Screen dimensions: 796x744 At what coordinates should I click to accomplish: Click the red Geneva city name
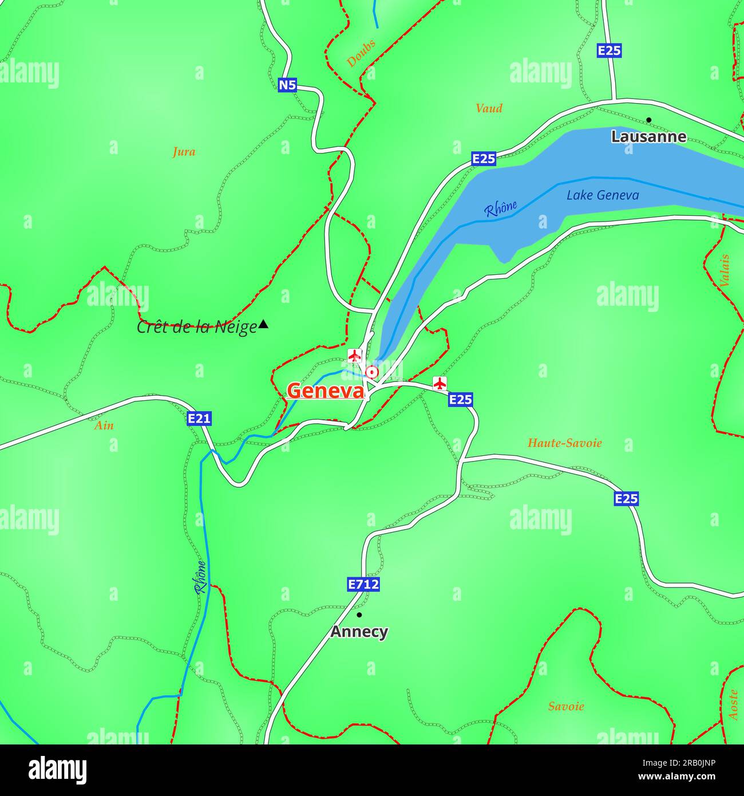325,391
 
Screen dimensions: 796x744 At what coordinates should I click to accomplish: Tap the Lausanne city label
648,137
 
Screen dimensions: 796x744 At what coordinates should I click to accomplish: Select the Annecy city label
359,632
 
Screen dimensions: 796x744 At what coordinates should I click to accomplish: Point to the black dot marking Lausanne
648,120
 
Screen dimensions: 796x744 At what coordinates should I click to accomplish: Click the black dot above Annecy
359,615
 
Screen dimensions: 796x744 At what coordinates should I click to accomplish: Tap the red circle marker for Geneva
372,372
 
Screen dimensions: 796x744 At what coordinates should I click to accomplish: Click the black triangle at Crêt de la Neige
263,325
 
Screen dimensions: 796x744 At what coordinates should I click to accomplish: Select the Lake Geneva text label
603,195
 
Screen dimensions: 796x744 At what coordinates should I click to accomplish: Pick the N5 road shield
287,85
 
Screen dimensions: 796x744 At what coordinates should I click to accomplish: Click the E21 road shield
199,419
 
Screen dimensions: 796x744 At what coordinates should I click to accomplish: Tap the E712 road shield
363,584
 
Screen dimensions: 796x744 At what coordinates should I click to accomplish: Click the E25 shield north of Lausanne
609,50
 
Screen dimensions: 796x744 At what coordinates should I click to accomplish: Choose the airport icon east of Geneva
440,383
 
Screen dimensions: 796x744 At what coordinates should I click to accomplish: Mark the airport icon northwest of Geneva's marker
355,356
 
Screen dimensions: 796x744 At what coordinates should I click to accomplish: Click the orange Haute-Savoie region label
564,443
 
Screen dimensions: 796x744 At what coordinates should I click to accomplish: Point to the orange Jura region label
184,152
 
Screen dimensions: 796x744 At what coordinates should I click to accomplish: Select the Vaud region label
489,108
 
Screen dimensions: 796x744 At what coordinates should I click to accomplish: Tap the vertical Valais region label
725,270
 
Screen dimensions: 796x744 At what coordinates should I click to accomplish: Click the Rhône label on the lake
500,208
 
